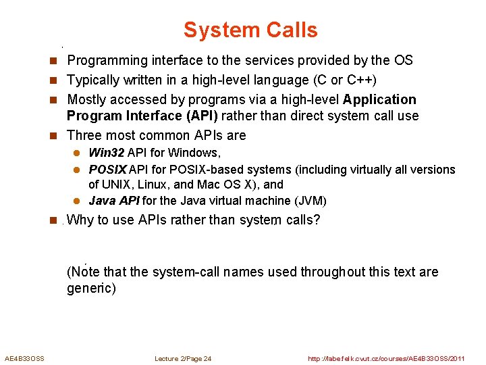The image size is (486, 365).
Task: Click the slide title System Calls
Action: pos(250,30)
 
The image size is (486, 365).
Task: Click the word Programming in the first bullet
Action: pos(105,61)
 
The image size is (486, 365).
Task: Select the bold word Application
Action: pos(379,100)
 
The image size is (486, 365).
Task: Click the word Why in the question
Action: pos(81,220)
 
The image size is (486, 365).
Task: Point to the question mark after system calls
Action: pos(317,220)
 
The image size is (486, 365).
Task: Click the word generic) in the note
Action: pos(91,289)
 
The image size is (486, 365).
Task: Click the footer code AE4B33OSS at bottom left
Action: pos(24,358)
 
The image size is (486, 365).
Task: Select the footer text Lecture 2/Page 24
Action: pos(182,358)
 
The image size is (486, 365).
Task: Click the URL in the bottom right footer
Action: pos(386,358)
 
